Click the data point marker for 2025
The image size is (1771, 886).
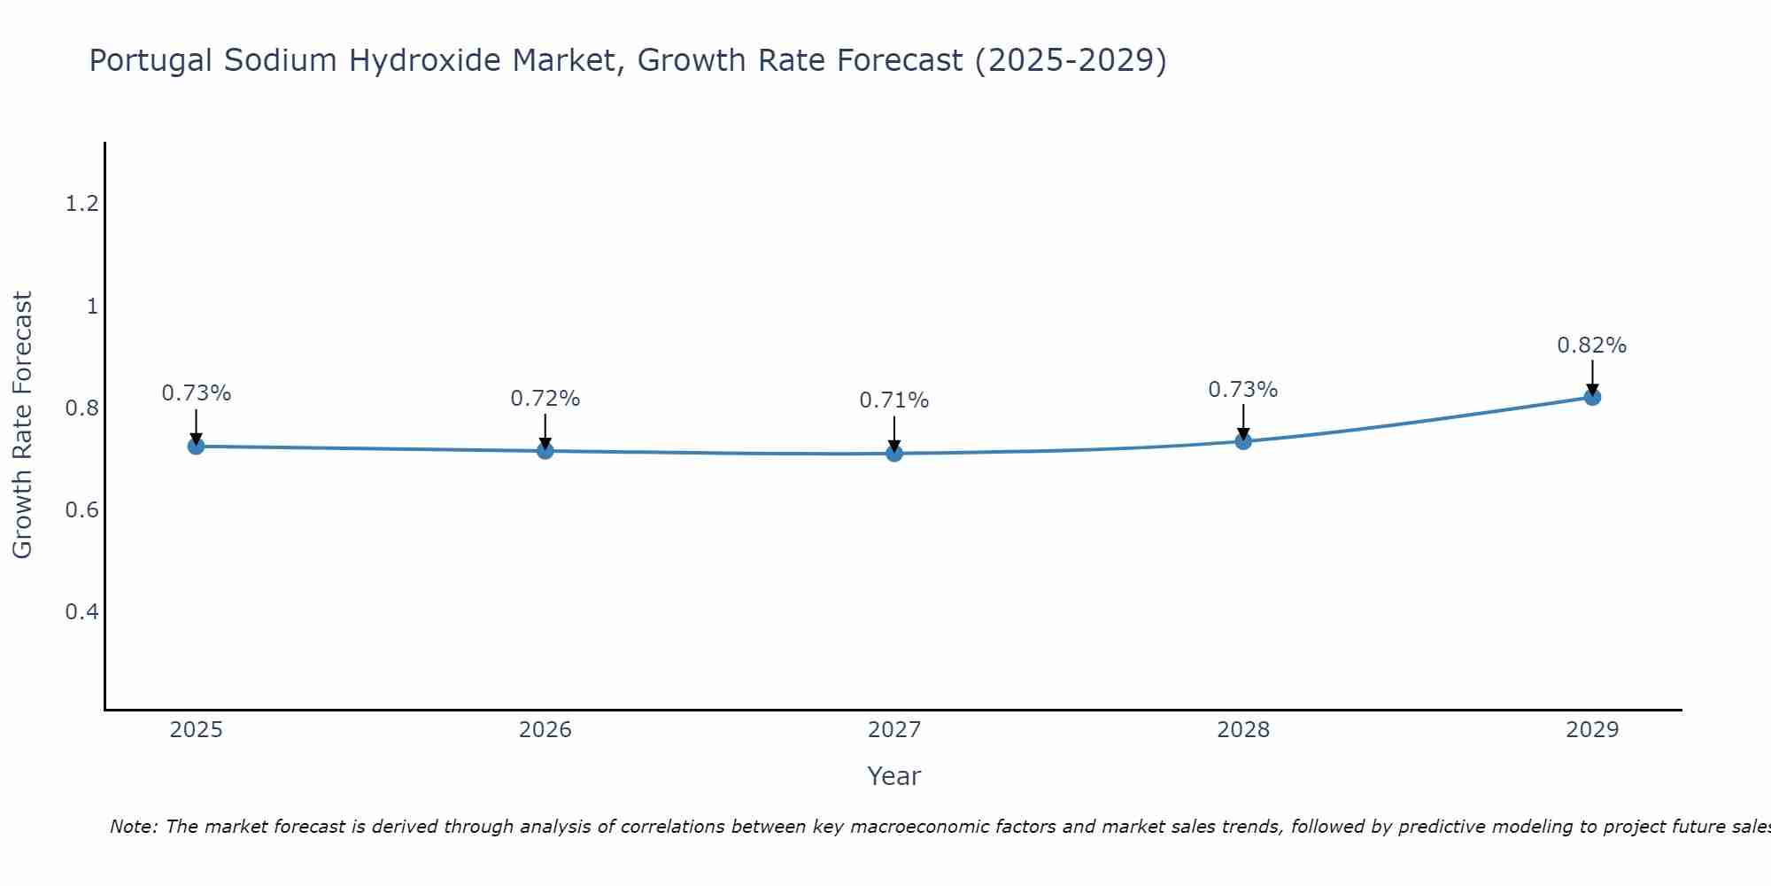click(196, 446)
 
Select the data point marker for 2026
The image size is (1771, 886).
click(545, 451)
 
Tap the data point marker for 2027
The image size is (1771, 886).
click(894, 454)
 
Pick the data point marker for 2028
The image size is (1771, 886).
click(1243, 441)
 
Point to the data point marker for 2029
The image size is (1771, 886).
click(1592, 397)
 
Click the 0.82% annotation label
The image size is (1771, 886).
click(1591, 346)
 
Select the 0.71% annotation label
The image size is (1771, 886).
click(893, 400)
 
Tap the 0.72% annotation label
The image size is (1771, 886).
click(545, 399)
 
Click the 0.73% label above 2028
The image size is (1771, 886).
click(1242, 390)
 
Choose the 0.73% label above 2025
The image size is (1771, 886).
click(196, 393)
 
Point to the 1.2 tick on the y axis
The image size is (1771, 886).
click(81, 205)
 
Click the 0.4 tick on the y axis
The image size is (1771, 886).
click(81, 612)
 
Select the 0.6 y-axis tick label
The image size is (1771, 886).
click(81, 510)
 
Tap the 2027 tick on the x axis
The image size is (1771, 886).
click(894, 730)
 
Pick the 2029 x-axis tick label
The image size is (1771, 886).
click(1592, 730)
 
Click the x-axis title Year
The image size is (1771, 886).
click(893, 776)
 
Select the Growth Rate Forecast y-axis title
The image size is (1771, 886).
click(22, 425)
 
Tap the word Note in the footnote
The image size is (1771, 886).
click(133, 827)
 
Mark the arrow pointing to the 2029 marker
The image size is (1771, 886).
click(1592, 377)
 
